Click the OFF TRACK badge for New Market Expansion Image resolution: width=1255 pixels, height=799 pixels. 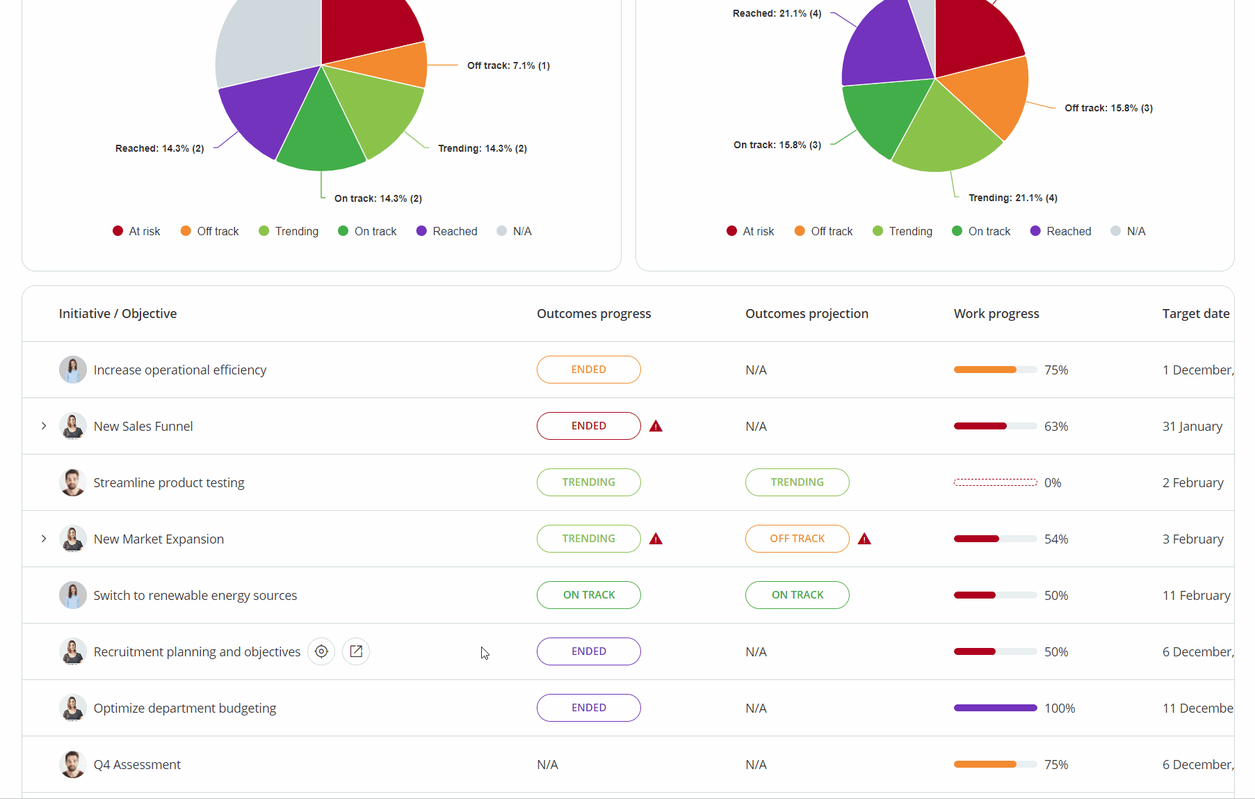click(797, 539)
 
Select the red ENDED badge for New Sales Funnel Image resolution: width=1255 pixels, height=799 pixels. click(588, 426)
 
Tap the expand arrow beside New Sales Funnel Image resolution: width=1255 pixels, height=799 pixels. click(44, 426)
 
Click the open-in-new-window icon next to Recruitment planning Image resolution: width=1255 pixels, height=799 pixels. click(356, 651)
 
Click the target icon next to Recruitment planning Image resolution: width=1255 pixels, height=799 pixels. click(321, 651)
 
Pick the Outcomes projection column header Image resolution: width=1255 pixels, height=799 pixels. click(807, 314)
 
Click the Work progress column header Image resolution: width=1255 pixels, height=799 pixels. click(996, 314)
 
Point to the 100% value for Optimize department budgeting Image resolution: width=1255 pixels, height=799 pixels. click(1059, 709)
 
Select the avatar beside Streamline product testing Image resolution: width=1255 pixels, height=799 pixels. click(72, 482)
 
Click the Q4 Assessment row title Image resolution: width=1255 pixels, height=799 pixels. click(137, 765)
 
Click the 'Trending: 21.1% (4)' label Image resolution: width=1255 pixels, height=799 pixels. click(1012, 198)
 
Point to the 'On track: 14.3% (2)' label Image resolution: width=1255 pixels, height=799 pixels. click(378, 199)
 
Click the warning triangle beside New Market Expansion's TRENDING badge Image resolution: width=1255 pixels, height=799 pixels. click(656, 539)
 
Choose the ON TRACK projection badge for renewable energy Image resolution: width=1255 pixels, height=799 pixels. click(797, 595)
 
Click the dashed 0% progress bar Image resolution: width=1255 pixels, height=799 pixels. click(995, 482)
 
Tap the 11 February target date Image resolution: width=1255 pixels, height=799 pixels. click(1196, 596)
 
